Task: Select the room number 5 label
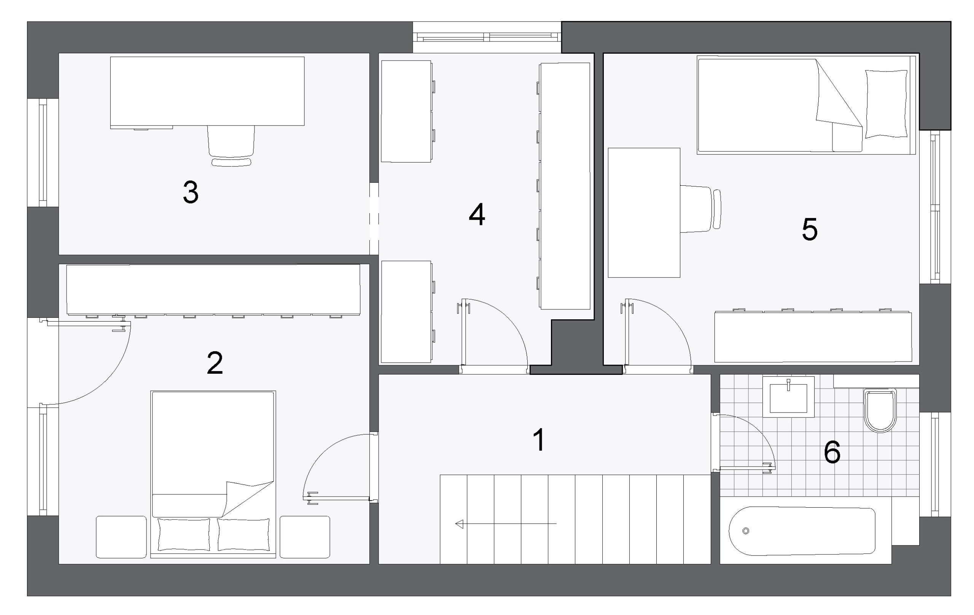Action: pyautogui.click(x=809, y=229)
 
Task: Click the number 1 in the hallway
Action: pyautogui.click(x=540, y=440)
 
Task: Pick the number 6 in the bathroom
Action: pyautogui.click(x=832, y=452)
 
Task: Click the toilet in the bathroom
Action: pyautogui.click(x=880, y=410)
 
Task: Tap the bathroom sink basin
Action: pyautogui.click(x=788, y=397)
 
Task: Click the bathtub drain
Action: pyautogui.click(x=746, y=531)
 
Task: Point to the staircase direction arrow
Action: pyautogui.click(x=506, y=524)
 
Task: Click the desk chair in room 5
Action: pyautogui.click(x=700, y=209)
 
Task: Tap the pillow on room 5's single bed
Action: pyautogui.click(x=886, y=104)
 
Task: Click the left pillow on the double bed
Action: pyautogui.click(x=184, y=534)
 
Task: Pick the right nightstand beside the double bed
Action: pyautogui.click(x=305, y=537)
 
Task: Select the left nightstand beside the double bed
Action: pyautogui.click(x=121, y=537)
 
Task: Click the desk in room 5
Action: pyautogui.click(x=644, y=213)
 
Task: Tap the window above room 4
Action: pyautogui.click(x=487, y=37)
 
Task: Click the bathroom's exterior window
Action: pyautogui.click(x=935, y=465)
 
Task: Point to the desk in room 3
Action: pyautogui.click(x=207, y=91)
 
